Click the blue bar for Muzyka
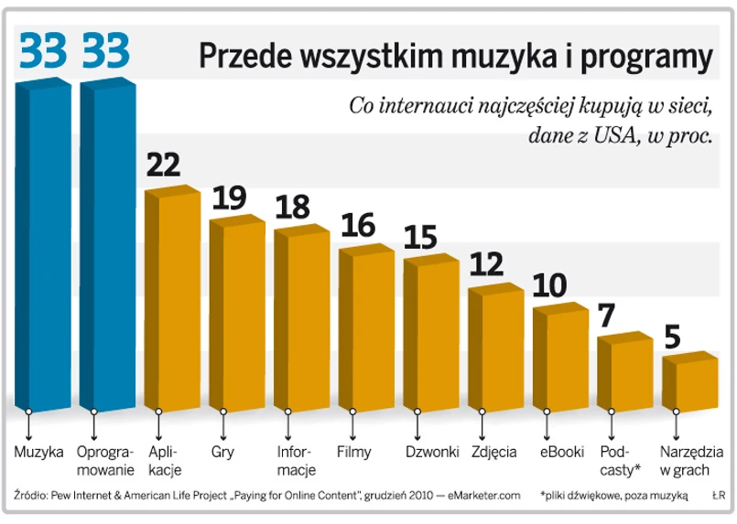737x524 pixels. click(43, 247)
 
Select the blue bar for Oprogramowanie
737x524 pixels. click(107, 247)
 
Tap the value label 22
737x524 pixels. click(164, 165)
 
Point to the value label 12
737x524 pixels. click(487, 264)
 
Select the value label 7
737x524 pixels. click(606, 316)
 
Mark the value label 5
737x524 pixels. click(671, 337)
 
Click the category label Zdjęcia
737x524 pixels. click(494, 452)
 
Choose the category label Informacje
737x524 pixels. click(297, 461)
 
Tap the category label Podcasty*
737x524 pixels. click(619, 461)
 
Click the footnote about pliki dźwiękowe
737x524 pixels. click(614, 495)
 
